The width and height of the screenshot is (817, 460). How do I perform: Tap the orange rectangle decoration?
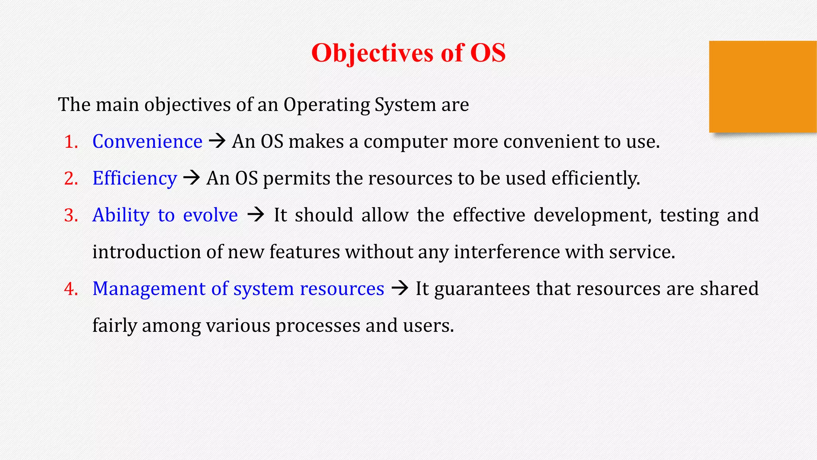[762, 87]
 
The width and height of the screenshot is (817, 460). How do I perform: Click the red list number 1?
[71, 142]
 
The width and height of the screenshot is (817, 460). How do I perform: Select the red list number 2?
[71, 179]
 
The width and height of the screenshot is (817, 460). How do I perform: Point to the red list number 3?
[71, 216]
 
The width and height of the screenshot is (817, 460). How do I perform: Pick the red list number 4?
[71, 289]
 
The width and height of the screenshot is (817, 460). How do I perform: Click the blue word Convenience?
[147, 142]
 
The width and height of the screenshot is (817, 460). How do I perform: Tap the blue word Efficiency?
[134, 178]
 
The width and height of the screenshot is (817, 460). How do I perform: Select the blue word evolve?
[210, 216]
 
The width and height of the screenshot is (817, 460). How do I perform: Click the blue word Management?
[149, 289]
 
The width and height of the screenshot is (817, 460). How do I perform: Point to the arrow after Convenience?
[217, 141]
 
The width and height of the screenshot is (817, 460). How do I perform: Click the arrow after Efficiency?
[191, 178]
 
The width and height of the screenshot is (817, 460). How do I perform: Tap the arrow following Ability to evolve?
[256, 215]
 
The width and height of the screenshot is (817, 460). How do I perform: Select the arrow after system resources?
[400, 288]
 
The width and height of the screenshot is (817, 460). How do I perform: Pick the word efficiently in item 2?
[595, 178]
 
